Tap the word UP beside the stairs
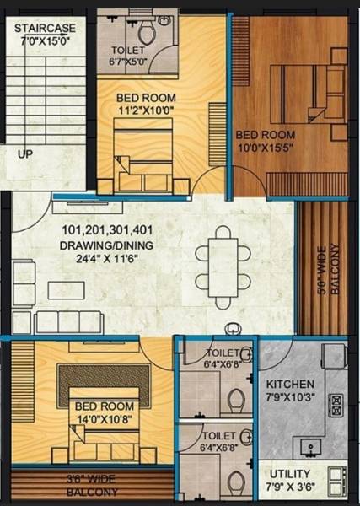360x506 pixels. pyautogui.click(x=25, y=154)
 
